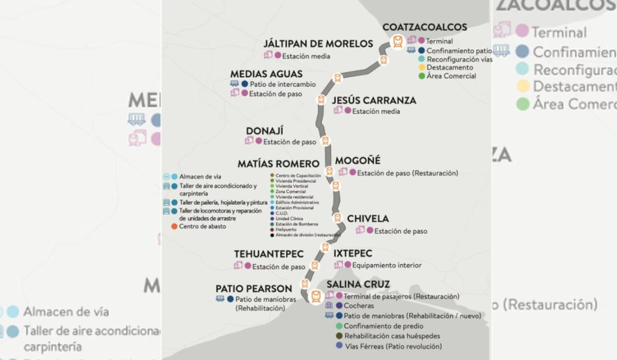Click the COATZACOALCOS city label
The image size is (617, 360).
(x=424, y=27)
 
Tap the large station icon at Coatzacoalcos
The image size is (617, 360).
(x=397, y=42)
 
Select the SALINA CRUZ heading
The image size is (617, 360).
(x=358, y=284)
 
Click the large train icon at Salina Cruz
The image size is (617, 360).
(x=316, y=296)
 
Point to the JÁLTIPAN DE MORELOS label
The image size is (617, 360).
(x=318, y=44)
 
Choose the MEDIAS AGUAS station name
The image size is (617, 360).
(x=266, y=74)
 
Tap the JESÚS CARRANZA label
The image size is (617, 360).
(x=374, y=100)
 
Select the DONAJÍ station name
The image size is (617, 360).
(x=264, y=131)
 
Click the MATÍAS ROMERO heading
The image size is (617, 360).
(x=278, y=164)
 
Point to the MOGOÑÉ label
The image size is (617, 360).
(x=357, y=161)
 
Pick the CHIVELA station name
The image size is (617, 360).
(x=368, y=219)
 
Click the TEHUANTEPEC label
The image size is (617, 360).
(x=269, y=254)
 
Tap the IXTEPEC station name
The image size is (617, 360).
(x=353, y=254)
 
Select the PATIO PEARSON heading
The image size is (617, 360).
(x=253, y=289)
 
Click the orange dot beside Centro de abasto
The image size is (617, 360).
(x=174, y=226)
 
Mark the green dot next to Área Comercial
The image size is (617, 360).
(x=422, y=76)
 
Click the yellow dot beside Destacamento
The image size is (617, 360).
(x=422, y=68)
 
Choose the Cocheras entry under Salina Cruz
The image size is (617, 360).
(x=359, y=306)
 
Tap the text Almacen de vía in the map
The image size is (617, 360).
(x=200, y=176)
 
